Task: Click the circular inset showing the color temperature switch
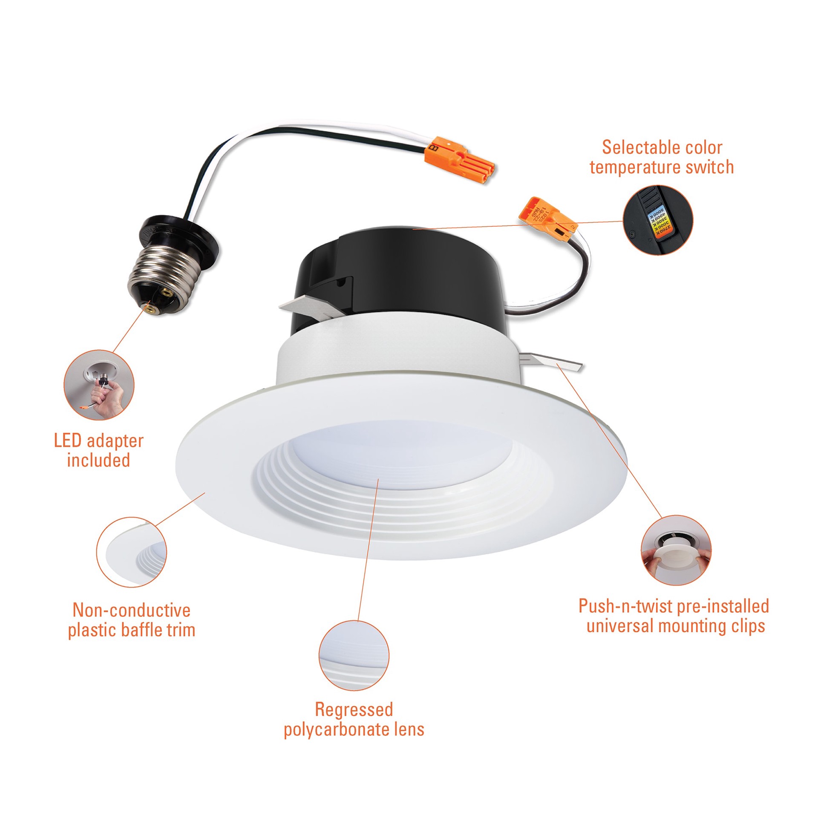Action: pos(658,220)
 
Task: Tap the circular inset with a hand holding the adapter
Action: pos(99,384)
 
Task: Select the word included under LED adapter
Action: pos(98,460)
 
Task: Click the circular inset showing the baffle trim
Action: pos(131,552)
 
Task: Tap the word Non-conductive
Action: pos(131,610)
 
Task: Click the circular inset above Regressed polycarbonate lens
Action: pos(354,655)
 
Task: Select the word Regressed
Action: pos(354,709)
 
